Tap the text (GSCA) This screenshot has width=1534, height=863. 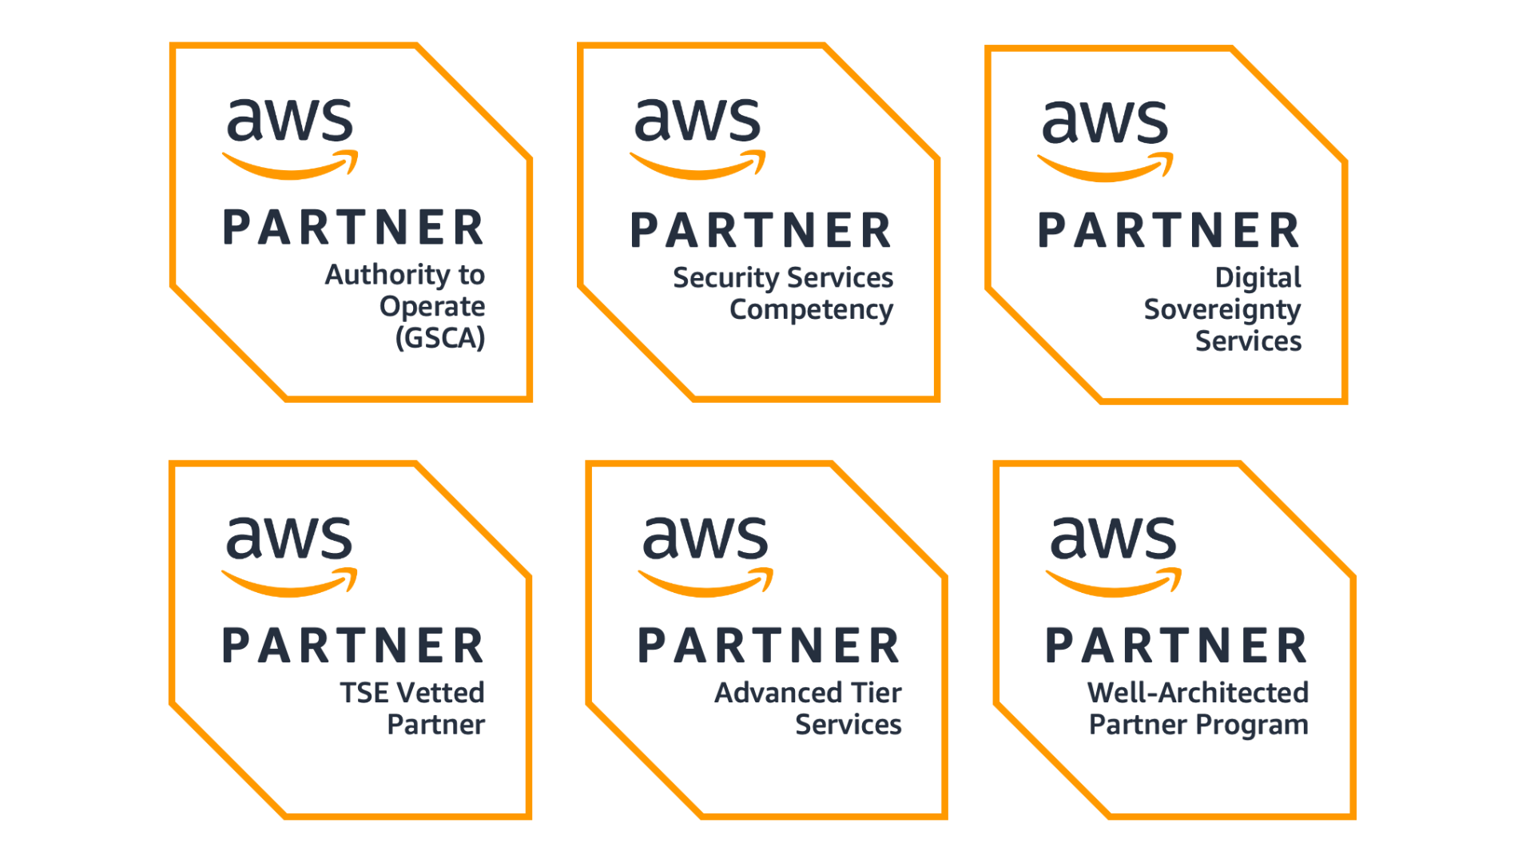click(x=440, y=338)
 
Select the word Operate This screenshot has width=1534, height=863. click(x=432, y=307)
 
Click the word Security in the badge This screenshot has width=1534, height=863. click(x=725, y=278)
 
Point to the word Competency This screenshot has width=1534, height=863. click(x=811, y=310)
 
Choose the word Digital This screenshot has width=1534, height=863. click(x=1258, y=278)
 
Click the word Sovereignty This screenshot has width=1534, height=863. click(x=1222, y=310)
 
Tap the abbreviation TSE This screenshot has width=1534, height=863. click(x=364, y=693)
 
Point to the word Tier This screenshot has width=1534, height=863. click(x=876, y=693)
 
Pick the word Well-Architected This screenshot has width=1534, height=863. click(x=1198, y=693)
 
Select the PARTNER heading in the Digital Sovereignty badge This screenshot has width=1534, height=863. click(x=1169, y=231)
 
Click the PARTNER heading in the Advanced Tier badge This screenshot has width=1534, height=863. click(x=769, y=646)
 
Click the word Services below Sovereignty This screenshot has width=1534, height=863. click(x=1248, y=342)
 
